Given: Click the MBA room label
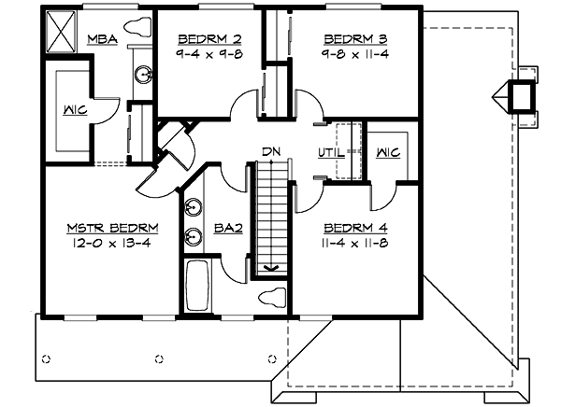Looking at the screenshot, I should tap(102, 39).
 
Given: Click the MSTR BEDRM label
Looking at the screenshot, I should tap(111, 227).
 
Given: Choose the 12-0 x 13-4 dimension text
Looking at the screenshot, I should tap(111, 242).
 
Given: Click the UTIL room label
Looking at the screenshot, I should tap(332, 150).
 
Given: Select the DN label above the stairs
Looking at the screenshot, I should tap(271, 151).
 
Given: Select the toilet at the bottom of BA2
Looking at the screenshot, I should tap(272, 297).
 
